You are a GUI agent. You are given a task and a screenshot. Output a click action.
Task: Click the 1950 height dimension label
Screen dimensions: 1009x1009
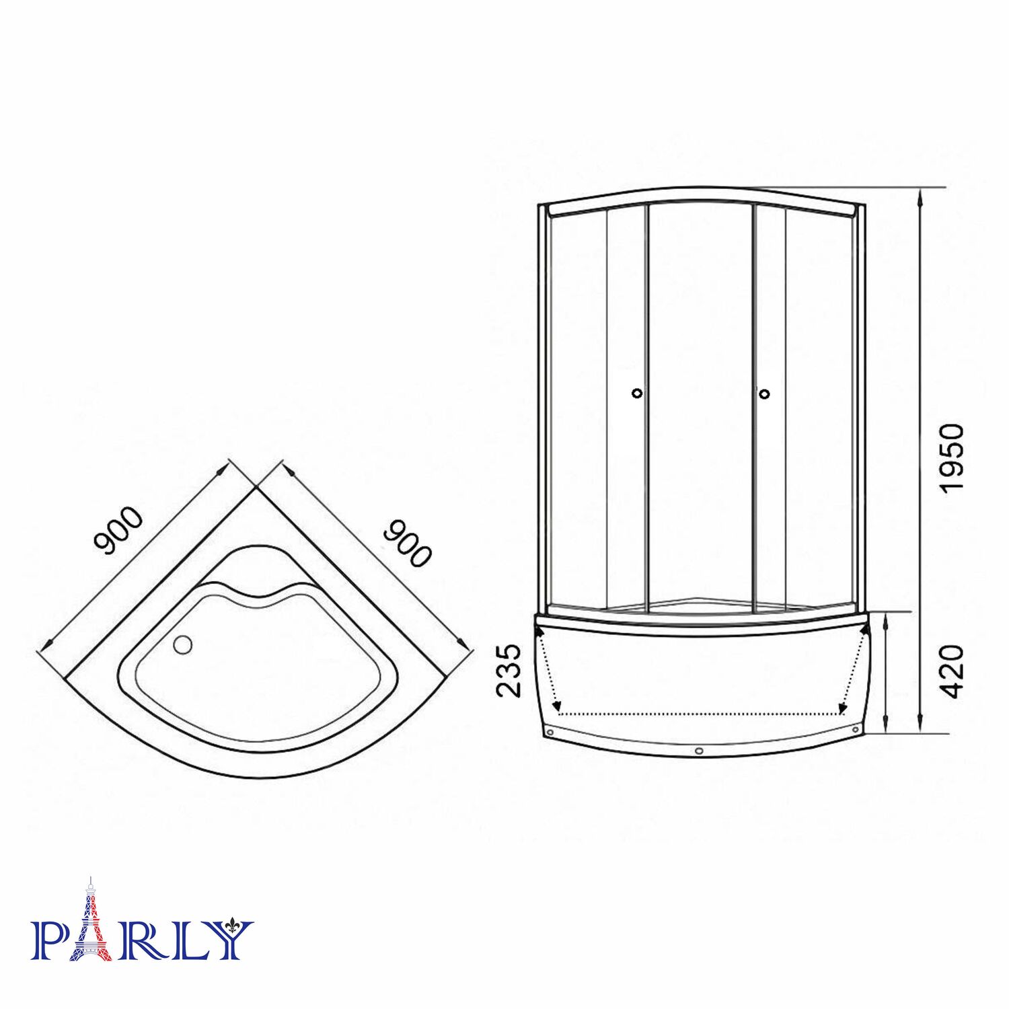(952, 458)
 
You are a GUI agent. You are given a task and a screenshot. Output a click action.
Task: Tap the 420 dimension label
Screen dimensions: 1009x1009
(952, 671)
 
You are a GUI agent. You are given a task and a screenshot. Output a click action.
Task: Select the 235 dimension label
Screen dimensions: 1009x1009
(509, 670)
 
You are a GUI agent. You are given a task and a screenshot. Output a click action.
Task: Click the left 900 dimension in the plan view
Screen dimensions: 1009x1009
(118, 531)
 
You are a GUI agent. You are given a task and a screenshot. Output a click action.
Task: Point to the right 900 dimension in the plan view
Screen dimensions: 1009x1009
(406, 543)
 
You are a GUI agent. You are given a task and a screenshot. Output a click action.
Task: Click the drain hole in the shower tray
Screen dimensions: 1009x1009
(182, 644)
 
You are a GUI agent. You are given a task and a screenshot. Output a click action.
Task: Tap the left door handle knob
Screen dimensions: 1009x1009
(638, 394)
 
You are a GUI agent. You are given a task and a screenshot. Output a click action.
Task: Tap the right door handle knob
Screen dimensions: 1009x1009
(764, 394)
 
